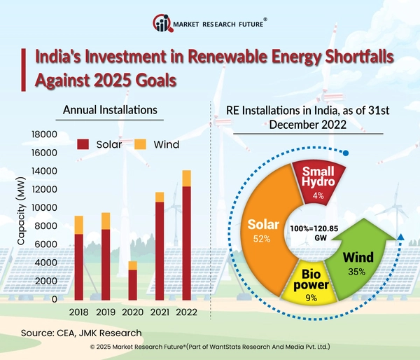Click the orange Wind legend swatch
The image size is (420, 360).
tap(140, 145)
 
